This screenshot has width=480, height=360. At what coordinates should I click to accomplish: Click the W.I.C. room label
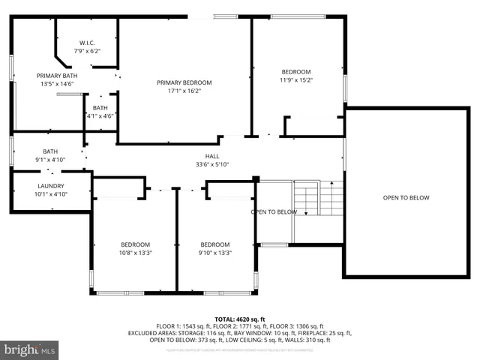[x=87, y=42]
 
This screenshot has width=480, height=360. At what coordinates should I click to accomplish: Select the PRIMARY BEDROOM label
[x=184, y=82]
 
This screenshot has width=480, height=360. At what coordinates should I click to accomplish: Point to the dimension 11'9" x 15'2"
[x=295, y=79]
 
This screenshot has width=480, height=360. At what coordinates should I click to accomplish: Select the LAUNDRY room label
[x=51, y=186]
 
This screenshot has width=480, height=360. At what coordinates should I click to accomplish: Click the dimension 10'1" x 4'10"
[x=51, y=193]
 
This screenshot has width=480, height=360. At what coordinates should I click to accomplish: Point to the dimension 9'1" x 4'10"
[x=50, y=159]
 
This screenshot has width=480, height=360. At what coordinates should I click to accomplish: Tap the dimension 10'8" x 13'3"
[x=136, y=253]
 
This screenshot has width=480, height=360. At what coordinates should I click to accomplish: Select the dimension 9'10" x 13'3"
[x=214, y=253]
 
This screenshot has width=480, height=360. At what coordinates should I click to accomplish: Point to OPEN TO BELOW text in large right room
[x=406, y=198]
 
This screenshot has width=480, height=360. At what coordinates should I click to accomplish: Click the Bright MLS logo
[x=30, y=349]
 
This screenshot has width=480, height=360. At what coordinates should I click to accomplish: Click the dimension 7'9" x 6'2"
[x=87, y=50]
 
